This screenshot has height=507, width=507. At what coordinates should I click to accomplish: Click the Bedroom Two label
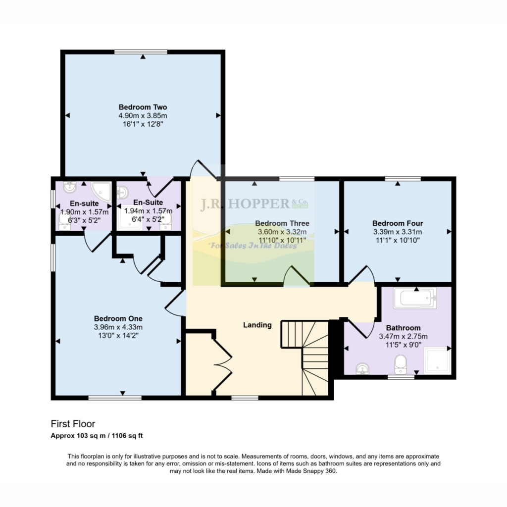[x=143, y=107]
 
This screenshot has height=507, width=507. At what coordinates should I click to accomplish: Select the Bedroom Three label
[x=282, y=223]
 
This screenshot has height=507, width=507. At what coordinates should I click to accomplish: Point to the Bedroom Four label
[x=398, y=223]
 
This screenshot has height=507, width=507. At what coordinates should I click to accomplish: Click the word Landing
[x=257, y=325]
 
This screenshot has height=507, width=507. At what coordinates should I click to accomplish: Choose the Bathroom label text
[x=403, y=328]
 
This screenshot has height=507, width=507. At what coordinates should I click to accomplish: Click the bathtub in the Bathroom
[x=414, y=298]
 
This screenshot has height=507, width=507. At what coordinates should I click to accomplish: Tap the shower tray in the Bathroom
[x=438, y=360]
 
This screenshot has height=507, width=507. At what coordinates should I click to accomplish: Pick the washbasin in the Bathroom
[x=362, y=368]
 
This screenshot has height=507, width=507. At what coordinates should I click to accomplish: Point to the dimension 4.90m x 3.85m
[x=143, y=116]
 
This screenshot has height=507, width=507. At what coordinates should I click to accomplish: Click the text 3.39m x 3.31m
[x=398, y=232]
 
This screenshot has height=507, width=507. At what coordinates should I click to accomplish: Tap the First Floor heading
[x=73, y=424]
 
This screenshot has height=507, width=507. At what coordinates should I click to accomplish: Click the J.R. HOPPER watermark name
[x=245, y=204]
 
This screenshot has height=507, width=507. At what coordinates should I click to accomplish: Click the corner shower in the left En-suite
[x=102, y=190]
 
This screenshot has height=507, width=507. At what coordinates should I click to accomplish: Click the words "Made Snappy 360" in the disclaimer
[x=313, y=471]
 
